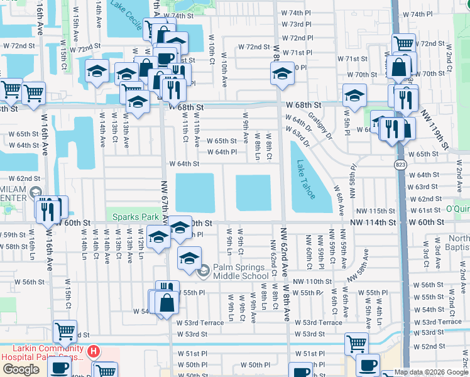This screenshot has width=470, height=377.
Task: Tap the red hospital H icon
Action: coord(93,351)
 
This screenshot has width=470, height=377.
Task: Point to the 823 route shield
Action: coord(400,165)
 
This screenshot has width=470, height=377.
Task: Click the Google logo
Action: coord(21,369)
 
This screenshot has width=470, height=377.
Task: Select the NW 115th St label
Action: coord(373,210)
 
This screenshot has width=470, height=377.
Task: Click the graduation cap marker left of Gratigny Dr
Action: coord(354,96)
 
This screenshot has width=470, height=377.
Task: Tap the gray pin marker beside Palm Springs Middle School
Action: coord(203,271)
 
